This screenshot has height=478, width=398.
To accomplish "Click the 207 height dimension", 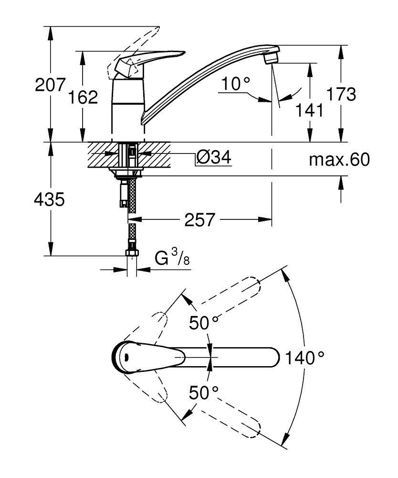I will point(50,85).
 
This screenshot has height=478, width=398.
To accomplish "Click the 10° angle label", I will point(235,84).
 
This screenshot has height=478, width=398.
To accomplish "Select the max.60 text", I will point(339,160).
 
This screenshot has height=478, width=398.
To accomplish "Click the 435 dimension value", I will point(49,199).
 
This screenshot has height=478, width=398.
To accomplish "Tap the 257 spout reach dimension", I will point(200,220).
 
